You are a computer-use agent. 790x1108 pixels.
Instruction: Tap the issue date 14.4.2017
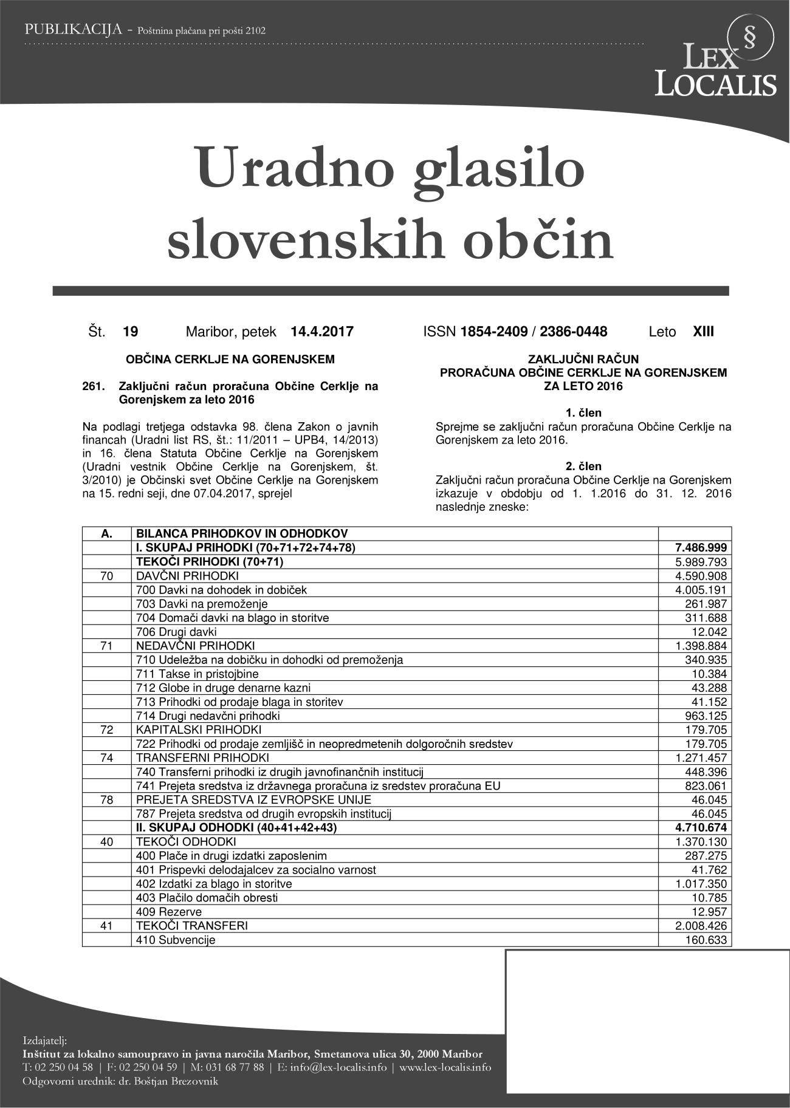tap(322, 332)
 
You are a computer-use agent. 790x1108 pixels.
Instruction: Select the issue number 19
tap(130, 332)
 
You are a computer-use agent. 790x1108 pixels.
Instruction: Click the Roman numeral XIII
tap(704, 332)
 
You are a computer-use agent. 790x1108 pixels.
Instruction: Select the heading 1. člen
tap(583, 414)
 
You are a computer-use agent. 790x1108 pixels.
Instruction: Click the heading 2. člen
tap(583, 466)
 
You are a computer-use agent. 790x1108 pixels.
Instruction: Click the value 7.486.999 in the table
tap(702, 548)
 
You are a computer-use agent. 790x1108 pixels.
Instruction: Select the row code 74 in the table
tap(106, 757)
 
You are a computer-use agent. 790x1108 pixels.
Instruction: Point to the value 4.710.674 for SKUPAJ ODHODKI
tap(702, 827)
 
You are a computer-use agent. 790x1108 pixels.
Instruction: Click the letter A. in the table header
tap(107, 534)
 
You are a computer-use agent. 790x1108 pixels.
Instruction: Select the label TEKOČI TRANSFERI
tap(192, 926)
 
